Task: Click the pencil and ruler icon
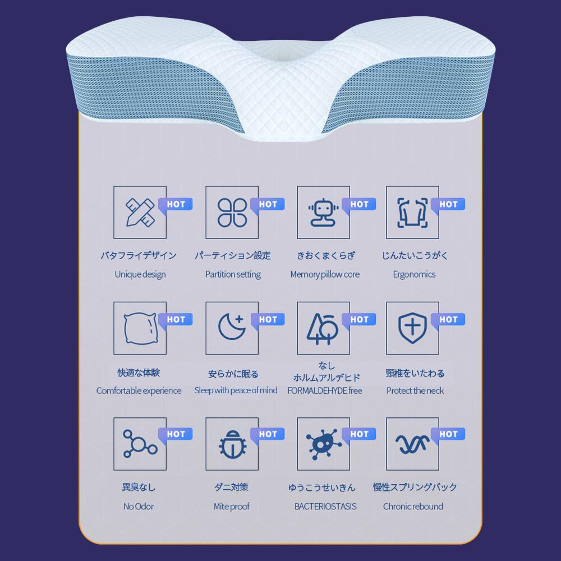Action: pyautogui.click(x=140, y=213)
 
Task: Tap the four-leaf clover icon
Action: pyautogui.click(x=232, y=213)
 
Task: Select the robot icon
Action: pyautogui.click(x=324, y=213)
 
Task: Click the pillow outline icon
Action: pyautogui.click(x=141, y=328)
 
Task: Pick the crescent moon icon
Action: pyautogui.click(x=232, y=327)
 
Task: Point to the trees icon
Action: pyautogui.click(x=323, y=329)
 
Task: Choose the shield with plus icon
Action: pyautogui.click(x=412, y=328)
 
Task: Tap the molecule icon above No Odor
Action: pyautogui.click(x=140, y=444)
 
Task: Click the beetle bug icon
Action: pyautogui.click(x=233, y=444)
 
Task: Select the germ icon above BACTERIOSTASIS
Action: pyautogui.click(x=324, y=444)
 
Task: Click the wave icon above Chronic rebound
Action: pyautogui.click(x=412, y=444)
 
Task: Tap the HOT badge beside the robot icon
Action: pyautogui.click(x=359, y=204)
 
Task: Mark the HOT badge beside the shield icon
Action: pyautogui.click(x=448, y=320)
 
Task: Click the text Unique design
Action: pyautogui.click(x=140, y=274)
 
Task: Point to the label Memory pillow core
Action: pyautogui.click(x=325, y=274)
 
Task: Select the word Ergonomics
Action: pyautogui.click(x=415, y=274)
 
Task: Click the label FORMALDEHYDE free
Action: pyautogui.click(x=324, y=390)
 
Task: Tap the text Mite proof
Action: pyautogui.click(x=232, y=506)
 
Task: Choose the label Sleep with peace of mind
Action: pyautogui.click(x=236, y=390)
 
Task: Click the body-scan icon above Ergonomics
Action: pyautogui.click(x=412, y=213)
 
